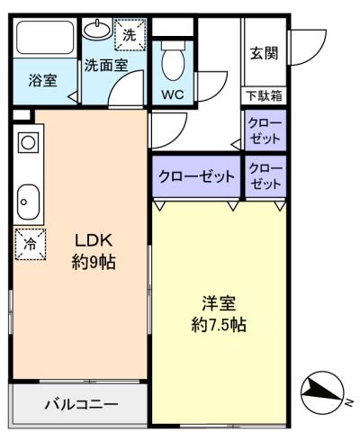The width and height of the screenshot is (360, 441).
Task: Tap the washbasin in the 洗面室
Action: tap(97, 29)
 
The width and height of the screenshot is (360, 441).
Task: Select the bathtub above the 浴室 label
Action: tap(45, 38)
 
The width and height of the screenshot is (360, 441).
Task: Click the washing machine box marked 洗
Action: tap(130, 35)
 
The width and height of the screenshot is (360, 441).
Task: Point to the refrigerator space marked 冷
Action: tap(31, 244)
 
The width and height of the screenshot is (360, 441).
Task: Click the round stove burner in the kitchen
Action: tap(28, 143)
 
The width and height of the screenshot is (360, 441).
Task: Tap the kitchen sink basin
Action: tap(28, 202)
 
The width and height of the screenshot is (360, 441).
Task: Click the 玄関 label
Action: tap(265, 53)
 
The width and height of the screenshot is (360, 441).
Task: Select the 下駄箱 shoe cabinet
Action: tap(264, 95)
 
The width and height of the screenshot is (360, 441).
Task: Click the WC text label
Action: tap(173, 94)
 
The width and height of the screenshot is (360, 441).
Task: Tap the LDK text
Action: tap(94, 240)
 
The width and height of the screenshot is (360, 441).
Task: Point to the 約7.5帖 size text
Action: tap(219, 324)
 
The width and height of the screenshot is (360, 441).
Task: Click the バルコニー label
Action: tap(82, 405)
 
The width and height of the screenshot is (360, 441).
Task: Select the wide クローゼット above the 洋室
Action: tap(196, 176)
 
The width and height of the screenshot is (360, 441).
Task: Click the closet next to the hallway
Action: tap(265, 130)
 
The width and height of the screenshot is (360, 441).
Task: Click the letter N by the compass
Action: tap(348, 402)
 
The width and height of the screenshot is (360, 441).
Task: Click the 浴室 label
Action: tap(42, 80)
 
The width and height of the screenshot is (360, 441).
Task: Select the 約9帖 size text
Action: tap(94, 262)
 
